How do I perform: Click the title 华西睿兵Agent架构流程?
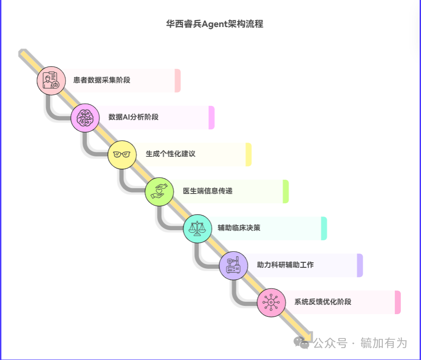coord(214,24)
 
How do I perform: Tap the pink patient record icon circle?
coord(51,81)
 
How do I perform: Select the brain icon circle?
coord(85,118)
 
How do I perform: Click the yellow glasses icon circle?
coord(122,155)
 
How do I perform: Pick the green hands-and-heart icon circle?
coord(159,192)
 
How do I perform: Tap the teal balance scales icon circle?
coord(197,229)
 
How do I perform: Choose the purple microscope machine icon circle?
coord(233,266)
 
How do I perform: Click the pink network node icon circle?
coord(271,303)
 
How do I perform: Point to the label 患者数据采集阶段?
coord(102,80)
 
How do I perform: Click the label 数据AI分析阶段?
coord(134,117)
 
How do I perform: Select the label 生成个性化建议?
coord(170,154)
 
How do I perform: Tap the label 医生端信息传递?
coord(208,191)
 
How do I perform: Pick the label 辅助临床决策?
coord(239,228)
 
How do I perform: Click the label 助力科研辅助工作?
coord(286,265)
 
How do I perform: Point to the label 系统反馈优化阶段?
coord(323,302)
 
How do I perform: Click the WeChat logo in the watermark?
coord(301,343)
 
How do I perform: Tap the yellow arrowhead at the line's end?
coord(309,338)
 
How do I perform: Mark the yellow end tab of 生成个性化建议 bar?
coord(249,155)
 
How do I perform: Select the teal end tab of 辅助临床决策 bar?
coord(324,228)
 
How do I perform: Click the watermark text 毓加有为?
coord(384,343)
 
